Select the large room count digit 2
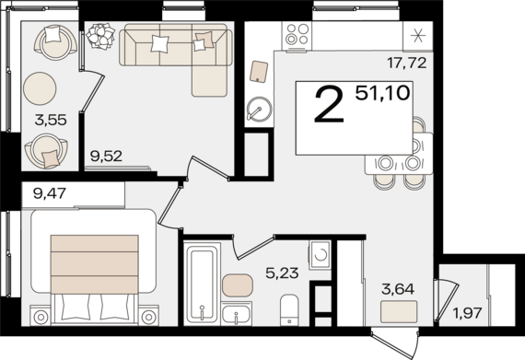pyautogui.click(x=329, y=106)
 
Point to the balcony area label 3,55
pyautogui.click(x=51, y=119)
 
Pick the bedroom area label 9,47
pyautogui.click(x=50, y=193)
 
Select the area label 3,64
pyautogui.click(x=398, y=288)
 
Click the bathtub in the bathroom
pyautogui.click(x=201, y=281)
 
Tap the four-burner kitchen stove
pyautogui.click(x=297, y=35)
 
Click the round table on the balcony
pyautogui.click(x=42, y=90)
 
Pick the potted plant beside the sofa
pyautogui.click(x=99, y=38)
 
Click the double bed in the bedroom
pyautogui.click(x=92, y=268)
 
